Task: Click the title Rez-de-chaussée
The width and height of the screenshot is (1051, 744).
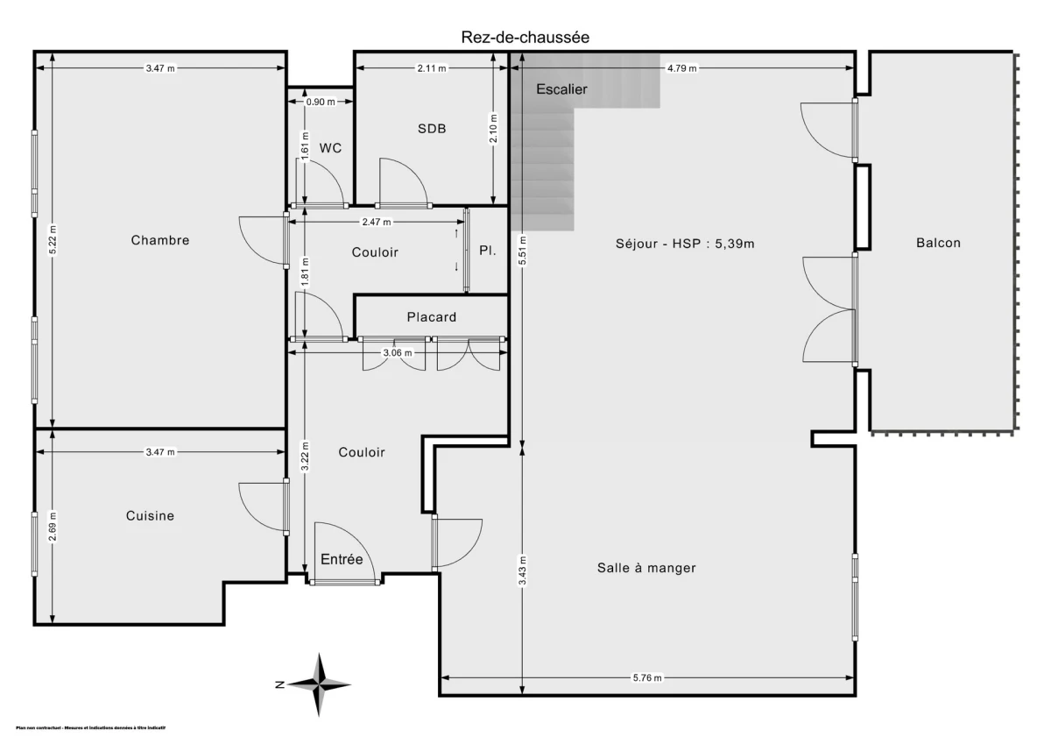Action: [525, 37]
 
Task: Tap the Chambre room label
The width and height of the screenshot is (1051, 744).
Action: [160, 240]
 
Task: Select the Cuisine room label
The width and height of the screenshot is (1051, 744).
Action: [150, 515]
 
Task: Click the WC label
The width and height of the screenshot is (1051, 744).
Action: [330, 148]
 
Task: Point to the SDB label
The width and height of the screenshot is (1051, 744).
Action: [432, 129]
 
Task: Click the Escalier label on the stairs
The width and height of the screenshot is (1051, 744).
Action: [561, 89]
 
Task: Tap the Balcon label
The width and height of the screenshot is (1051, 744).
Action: [938, 243]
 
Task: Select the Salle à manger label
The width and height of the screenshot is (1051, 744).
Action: [646, 568]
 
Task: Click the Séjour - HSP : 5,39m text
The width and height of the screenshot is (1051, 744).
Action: [685, 244]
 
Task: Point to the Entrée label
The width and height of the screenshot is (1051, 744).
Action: [342, 559]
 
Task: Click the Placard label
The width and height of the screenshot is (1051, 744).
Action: [431, 316]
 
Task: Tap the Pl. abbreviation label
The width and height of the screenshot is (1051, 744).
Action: [488, 251]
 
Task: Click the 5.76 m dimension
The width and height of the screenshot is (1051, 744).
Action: [646, 677]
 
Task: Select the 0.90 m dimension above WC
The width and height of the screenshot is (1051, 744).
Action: [320, 102]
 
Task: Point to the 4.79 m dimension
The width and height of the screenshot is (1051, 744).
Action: [682, 67]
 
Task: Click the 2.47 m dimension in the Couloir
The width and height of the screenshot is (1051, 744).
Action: [376, 222]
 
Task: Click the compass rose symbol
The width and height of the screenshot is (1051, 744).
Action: [320, 684]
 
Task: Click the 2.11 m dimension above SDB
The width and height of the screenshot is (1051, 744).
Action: [431, 67]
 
